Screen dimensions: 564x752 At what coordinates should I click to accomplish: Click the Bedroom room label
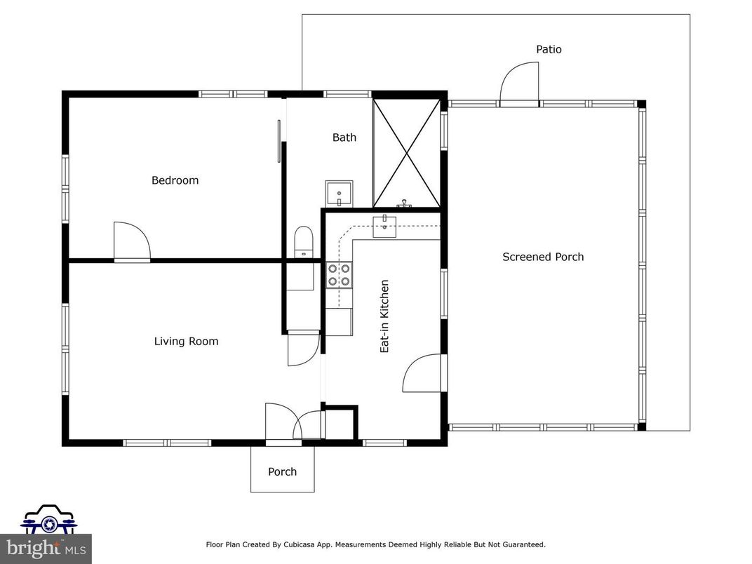tap(175, 180)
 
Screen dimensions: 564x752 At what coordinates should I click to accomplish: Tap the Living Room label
tap(186, 342)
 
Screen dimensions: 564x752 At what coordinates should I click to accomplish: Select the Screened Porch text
tap(543, 257)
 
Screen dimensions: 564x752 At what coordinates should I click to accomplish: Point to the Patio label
tap(549, 50)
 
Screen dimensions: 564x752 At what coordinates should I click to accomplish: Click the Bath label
tap(344, 137)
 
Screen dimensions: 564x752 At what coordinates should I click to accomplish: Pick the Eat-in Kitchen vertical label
tap(384, 316)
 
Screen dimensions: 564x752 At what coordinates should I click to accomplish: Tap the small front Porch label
tap(282, 471)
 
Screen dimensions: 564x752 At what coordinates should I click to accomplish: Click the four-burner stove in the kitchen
tap(339, 274)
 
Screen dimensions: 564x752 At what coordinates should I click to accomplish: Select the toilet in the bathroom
tap(304, 241)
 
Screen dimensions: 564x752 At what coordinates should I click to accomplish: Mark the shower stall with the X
tap(405, 153)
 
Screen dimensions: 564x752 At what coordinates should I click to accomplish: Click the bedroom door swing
tap(132, 241)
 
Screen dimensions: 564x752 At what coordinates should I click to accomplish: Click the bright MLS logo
tap(46, 547)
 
